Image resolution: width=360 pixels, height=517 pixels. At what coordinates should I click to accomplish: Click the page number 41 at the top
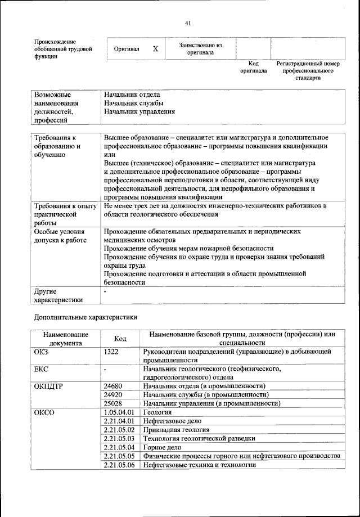coord(188,23)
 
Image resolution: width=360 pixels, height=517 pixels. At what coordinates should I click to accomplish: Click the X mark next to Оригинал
coord(155,50)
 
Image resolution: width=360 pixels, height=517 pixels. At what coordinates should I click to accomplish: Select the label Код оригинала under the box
coord(253,68)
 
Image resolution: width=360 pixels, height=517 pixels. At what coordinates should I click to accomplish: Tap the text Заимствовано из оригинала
coord(201,49)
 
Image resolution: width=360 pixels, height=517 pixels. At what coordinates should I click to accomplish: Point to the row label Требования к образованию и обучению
coord(57,146)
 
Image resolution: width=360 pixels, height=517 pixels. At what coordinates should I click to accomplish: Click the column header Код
coord(120,339)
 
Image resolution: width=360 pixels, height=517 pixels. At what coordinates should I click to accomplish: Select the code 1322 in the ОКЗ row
coord(112,351)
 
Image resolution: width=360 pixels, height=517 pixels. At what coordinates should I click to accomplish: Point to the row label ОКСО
coord(45,412)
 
